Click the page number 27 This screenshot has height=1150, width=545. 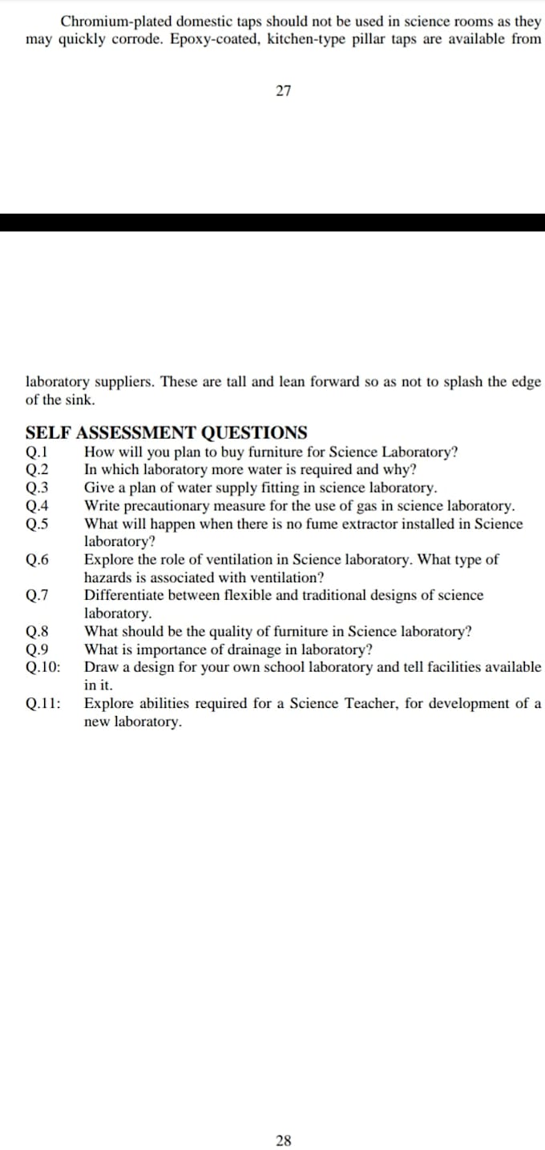coord(283,91)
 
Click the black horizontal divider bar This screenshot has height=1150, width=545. coord(272,222)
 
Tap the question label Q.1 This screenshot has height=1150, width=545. coord(38,452)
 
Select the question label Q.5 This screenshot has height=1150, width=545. coord(38,525)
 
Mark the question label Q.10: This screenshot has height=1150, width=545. coord(42,667)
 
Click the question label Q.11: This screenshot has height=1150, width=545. coord(42,704)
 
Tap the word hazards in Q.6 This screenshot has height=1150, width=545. coord(109,577)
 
